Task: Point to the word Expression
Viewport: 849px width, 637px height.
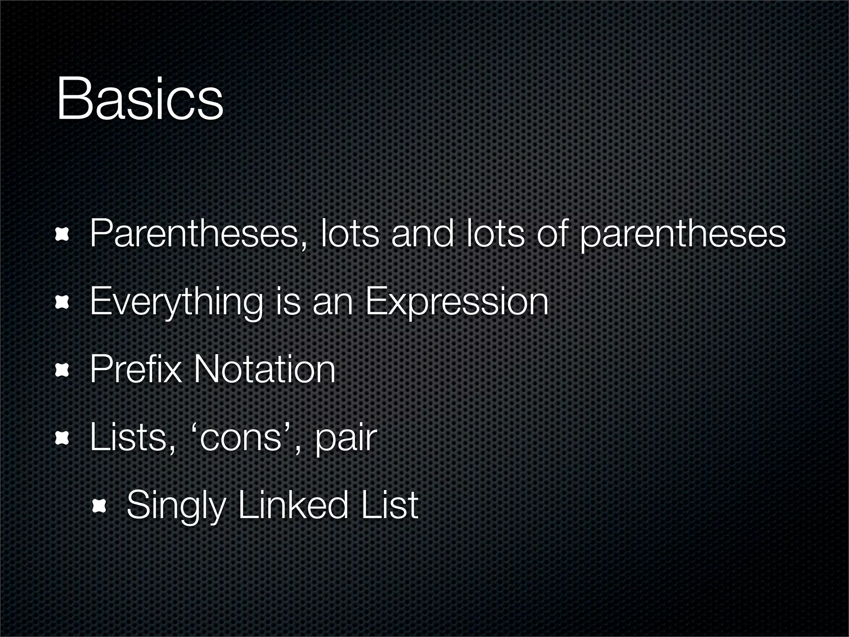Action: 457,302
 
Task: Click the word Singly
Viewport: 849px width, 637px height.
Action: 176,506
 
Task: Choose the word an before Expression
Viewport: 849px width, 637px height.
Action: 332,303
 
